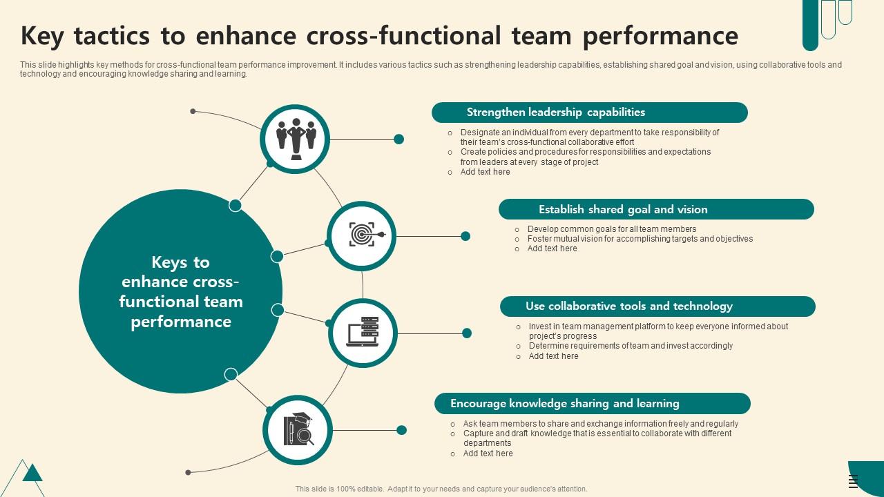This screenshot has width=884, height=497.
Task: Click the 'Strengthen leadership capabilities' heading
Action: [x=556, y=113]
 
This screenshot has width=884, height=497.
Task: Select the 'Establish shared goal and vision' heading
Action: [x=623, y=209]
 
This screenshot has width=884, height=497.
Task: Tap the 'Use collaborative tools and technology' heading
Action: [x=628, y=306]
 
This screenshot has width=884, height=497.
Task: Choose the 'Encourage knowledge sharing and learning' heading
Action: [x=565, y=404]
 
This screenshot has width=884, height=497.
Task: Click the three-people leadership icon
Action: [x=296, y=139]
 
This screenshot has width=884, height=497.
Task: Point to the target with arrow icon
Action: [x=362, y=235]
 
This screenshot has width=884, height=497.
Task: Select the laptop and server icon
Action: [x=363, y=333]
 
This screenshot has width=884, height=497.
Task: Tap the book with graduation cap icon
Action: [x=298, y=429]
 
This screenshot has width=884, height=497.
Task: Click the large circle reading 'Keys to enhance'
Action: [x=181, y=292]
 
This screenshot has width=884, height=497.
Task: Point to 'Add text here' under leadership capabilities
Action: [x=485, y=172]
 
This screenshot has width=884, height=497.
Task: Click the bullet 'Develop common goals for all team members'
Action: [x=611, y=229]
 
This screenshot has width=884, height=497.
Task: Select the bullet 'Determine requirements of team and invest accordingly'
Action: [x=631, y=346]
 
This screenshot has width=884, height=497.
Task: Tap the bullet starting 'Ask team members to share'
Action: [x=600, y=424]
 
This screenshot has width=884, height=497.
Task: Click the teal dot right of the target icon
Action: [x=465, y=236]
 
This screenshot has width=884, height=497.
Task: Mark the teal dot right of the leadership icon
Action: [x=398, y=139]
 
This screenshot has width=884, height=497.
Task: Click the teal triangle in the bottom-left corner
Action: [x=32, y=474]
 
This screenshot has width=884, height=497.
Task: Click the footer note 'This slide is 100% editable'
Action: [x=441, y=489]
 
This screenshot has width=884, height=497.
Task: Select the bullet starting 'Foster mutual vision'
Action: [x=640, y=239]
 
